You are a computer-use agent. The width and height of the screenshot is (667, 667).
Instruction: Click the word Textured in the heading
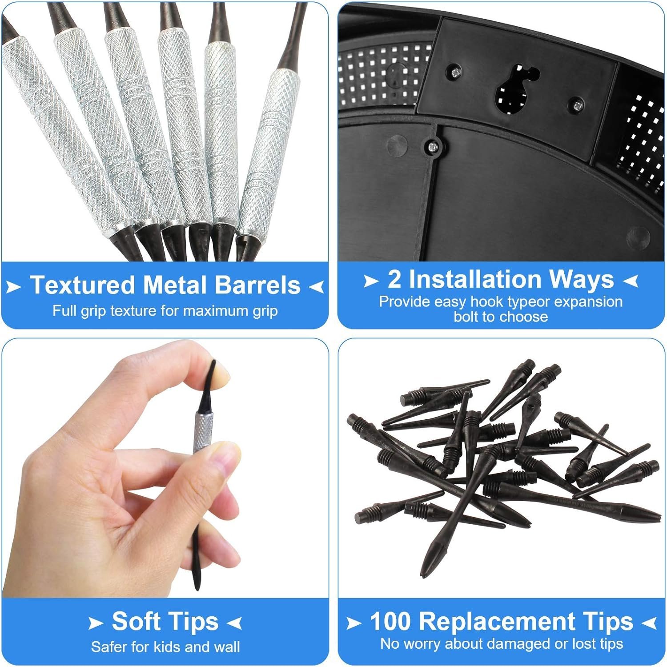point(82,285)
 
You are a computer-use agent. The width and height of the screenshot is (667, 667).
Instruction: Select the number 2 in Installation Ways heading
point(394,279)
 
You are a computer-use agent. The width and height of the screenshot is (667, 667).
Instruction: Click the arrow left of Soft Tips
point(96,623)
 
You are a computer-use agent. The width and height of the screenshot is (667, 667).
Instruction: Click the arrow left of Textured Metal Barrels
point(14,287)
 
